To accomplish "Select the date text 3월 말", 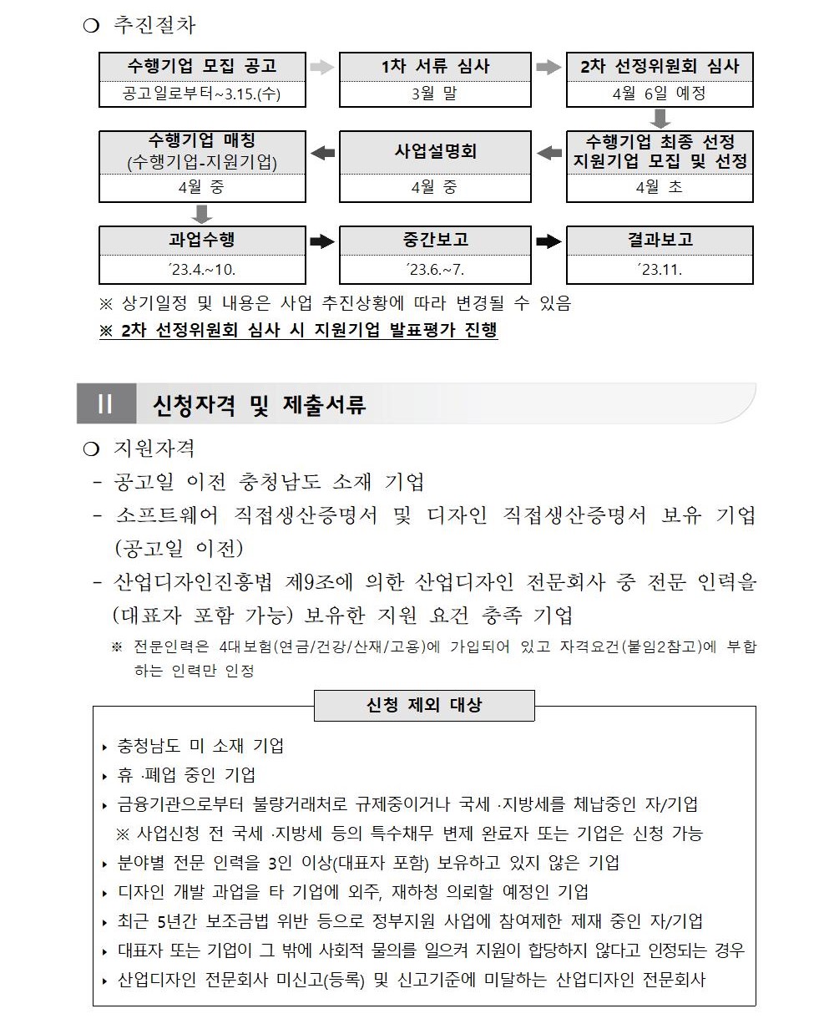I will tap(434, 94).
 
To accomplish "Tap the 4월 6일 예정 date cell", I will tap(659, 94).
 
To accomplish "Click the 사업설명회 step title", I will tap(435, 152).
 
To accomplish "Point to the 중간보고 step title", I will tap(435, 240).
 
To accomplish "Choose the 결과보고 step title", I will tap(660, 240).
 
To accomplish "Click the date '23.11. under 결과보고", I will tap(659, 270).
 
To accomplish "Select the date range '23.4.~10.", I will tap(202, 270).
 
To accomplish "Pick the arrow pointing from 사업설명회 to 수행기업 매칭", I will tap(322, 153).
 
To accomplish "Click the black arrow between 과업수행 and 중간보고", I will tap(322, 241).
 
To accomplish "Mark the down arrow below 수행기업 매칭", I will tap(201, 213).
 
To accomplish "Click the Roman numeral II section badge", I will tap(105, 405).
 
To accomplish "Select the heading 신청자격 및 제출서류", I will tap(260, 406).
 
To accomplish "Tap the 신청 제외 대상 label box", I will tap(424, 705).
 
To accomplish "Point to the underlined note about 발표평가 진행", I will tap(298, 331).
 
